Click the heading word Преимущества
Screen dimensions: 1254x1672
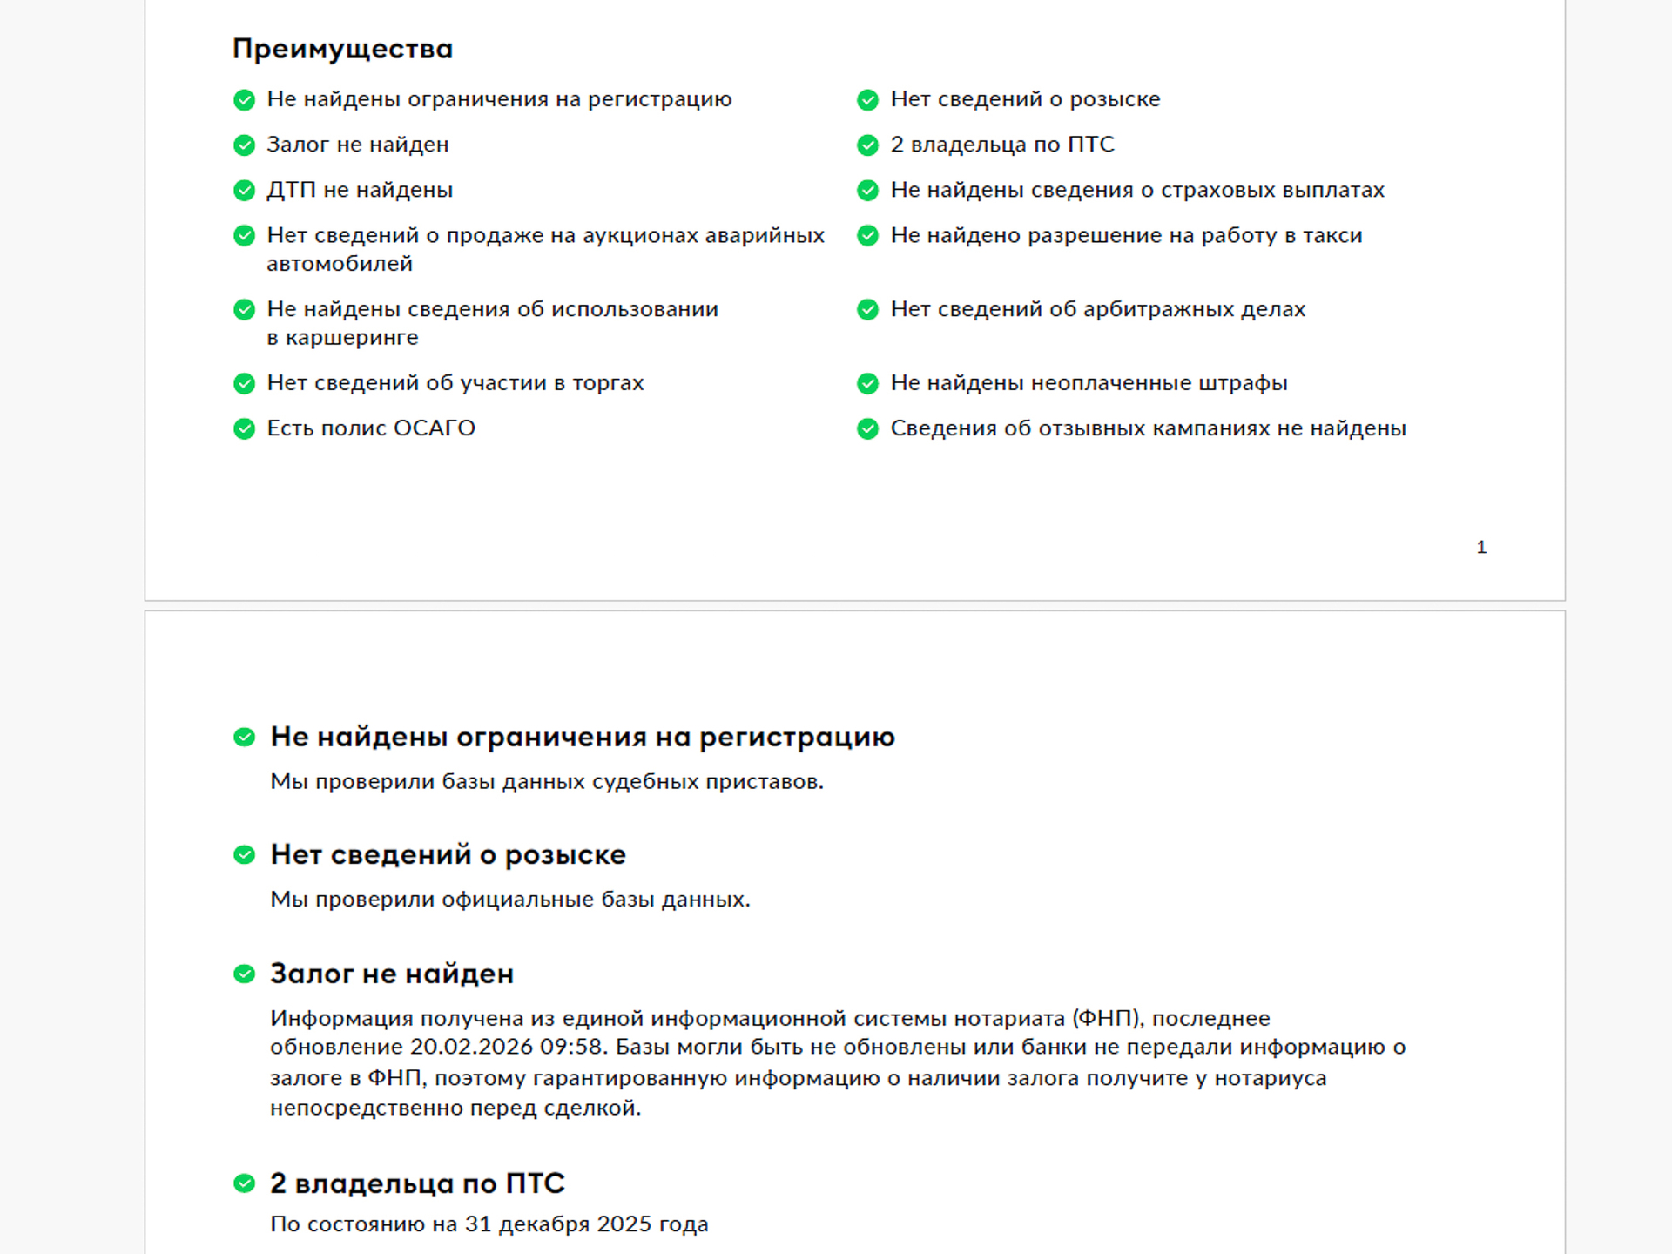(x=342, y=50)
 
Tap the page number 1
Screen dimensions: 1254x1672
(x=1481, y=547)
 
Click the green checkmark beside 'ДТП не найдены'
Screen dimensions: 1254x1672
(x=245, y=190)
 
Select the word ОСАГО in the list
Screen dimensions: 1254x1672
(x=434, y=428)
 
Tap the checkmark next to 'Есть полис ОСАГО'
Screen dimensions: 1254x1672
(x=245, y=428)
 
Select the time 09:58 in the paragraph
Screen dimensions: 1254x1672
(x=572, y=1047)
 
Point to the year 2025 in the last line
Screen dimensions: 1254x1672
(x=624, y=1224)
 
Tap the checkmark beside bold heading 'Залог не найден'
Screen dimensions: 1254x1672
(x=245, y=974)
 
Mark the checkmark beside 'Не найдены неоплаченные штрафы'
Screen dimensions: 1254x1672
(x=868, y=383)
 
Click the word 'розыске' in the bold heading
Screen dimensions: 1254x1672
(x=565, y=855)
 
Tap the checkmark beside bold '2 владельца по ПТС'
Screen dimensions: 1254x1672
(x=245, y=1183)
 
